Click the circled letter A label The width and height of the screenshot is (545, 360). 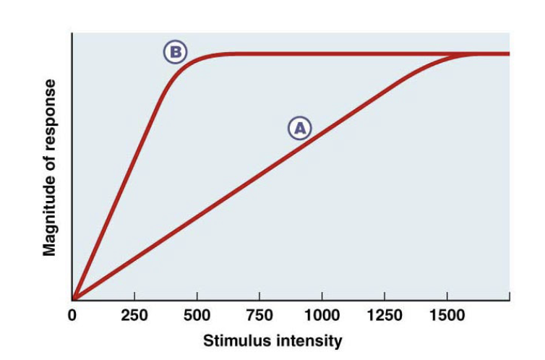(x=300, y=128)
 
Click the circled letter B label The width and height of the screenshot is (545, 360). (x=175, y=52)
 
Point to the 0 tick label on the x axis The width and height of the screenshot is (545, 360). (x=72, y=316)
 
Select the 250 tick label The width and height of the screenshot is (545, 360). (x=134, y=316)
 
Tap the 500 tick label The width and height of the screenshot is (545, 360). (x=197, y=316)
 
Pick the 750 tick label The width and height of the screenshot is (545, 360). (x=259, y=316)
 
